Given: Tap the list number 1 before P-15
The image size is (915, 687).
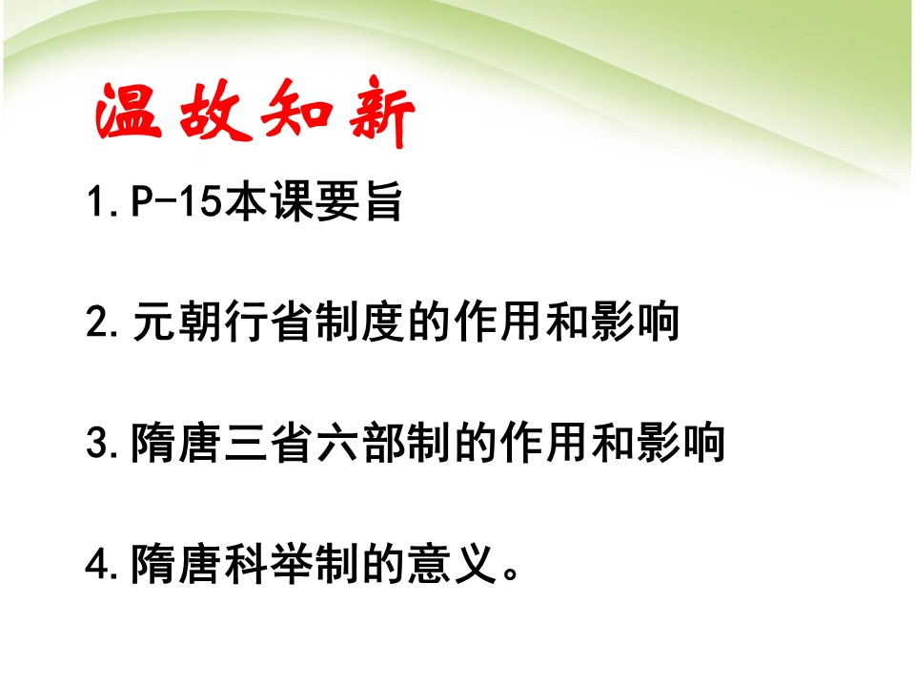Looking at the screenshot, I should click(97, 204).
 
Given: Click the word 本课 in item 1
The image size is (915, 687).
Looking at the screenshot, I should click(269, 204).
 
